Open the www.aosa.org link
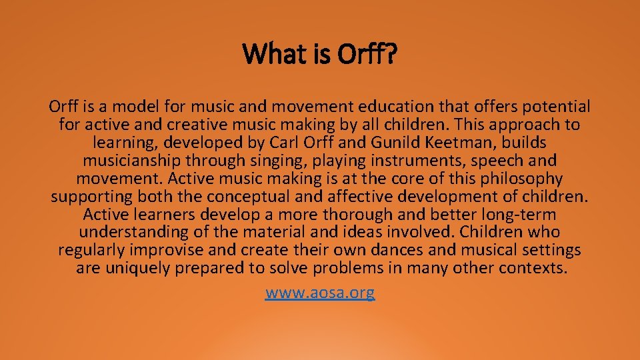click(320, 292)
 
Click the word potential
click(557, 107)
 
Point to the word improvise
click(163, 251)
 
